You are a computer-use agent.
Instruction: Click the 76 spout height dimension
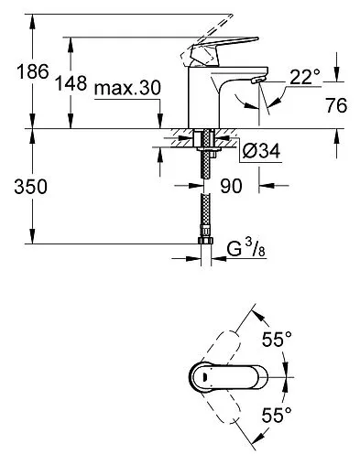point(339,105)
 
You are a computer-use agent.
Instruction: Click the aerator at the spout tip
point(256,84)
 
